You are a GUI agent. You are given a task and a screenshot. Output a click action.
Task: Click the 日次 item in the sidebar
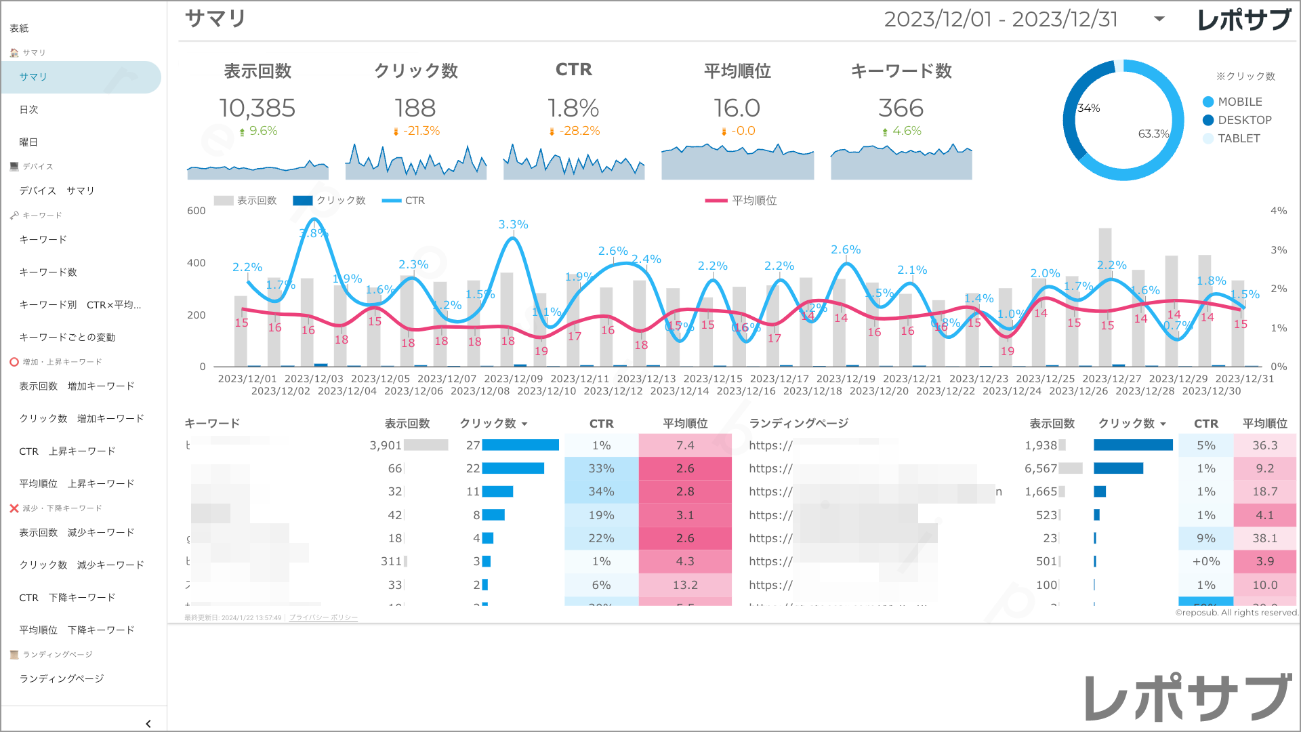[x=29, y=110]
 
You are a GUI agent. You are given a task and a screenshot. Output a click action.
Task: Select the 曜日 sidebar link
[x=29, y=142]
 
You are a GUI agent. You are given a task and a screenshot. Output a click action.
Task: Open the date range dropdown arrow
[x=1159, y=19]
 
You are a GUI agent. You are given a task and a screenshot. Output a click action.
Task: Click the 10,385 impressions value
[x=257, y=108]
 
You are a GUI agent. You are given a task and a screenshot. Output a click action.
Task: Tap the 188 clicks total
[x=415, y=108]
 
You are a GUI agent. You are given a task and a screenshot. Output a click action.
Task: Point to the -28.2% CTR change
[x=579, y=131]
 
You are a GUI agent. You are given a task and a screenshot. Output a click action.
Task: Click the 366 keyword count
[x=901, y=108]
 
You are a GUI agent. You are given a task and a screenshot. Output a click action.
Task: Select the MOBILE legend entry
[x=1239, y=102]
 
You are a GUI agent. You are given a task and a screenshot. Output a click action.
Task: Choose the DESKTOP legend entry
[x=1244, y=121]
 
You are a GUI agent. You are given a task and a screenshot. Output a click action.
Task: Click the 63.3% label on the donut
[x=1153, y=134]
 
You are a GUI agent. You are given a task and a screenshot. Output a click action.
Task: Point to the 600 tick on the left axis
[x=197, y=211]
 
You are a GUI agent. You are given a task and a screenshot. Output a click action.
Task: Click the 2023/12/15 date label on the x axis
[x=713, y=379]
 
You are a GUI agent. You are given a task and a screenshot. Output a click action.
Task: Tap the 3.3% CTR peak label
[x=513, y=224]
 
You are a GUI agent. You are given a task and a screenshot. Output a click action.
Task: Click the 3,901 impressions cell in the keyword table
[x=386, y=445]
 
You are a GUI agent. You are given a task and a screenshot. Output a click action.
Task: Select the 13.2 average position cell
[x=685, y=585]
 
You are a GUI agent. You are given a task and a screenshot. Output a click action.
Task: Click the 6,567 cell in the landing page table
[x=1041, y=468]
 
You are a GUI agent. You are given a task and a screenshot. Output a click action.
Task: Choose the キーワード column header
[x=212, y=424]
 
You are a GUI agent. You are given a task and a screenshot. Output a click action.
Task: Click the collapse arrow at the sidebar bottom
[x=148, y=724]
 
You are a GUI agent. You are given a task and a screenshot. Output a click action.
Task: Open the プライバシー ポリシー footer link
[x=323, y=617]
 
